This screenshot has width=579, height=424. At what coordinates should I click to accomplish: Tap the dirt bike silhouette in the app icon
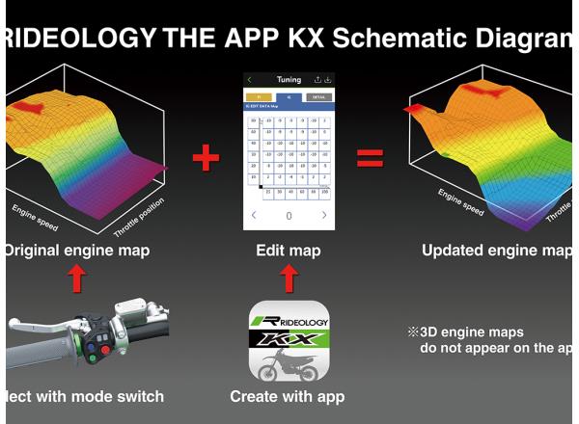(x=289, y=363)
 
